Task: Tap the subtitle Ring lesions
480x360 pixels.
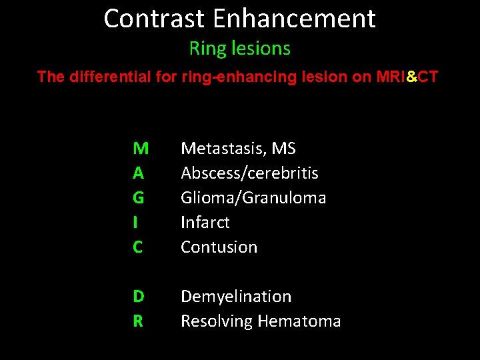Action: tap(240, 49)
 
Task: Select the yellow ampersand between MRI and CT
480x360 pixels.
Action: tap(411, 77)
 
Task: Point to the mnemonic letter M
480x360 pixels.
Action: tap(141, 148)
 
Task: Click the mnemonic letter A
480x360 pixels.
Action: tap(138, 173)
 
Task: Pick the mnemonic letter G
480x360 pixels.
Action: tap(138, 197)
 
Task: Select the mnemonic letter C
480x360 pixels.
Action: tap(138, 247)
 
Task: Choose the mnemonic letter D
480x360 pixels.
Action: tap(138, 296)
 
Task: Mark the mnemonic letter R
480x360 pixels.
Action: tap(138, 321)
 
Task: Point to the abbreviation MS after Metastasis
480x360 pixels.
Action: tap(283, 148)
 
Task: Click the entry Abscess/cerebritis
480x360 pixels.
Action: tap(249, 173)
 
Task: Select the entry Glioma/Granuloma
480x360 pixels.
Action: tap(253, 198)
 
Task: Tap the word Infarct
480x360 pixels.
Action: tap(205, 222)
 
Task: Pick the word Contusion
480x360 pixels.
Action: tap(219, 247)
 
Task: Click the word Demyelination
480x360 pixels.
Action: tap(236, 297)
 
